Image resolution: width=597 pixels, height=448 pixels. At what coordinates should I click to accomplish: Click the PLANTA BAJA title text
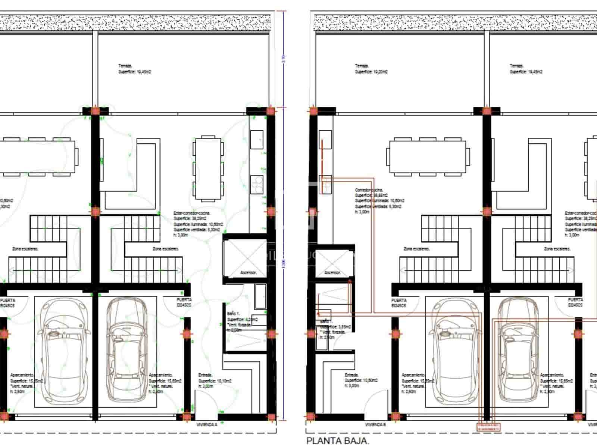(x=338, y=441)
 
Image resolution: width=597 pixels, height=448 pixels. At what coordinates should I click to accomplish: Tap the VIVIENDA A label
(x=207, y=424)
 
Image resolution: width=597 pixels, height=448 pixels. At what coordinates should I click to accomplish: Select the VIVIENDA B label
(x=375, y=424)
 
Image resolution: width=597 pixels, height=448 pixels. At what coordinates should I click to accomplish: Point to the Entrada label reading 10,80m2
(x=361, y=380)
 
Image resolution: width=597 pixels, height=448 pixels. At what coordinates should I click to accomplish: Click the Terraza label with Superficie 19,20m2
(x=371, y=69)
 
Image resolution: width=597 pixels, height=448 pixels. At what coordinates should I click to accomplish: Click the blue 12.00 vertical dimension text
(x=284, y=264)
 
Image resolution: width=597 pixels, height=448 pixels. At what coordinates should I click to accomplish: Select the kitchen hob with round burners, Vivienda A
(x=257, y=184)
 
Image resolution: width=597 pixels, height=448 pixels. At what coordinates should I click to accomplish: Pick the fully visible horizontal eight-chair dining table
(x=428, y=156)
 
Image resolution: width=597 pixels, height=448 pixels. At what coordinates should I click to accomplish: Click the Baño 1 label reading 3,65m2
(x=332, y=329)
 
